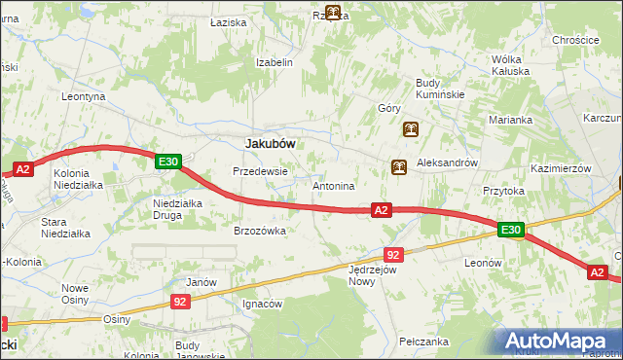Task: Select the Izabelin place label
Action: point(274,61)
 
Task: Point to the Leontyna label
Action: point(83,97)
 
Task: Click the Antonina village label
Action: point(333,185)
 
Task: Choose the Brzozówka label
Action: point(259,231)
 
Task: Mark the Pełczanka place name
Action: point(423,342)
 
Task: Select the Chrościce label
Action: point(574,40)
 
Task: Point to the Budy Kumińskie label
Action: point(440,89)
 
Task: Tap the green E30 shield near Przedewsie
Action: point(168,162)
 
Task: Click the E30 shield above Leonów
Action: point(512,231)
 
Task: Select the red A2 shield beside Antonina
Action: point(381,209)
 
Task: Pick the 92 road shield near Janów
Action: point(180,303)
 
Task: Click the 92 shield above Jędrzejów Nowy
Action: point(393,254)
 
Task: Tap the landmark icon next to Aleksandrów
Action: point(399,167)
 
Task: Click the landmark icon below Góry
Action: point(411,129)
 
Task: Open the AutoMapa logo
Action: point(559,342)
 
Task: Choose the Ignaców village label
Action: point(262,304)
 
